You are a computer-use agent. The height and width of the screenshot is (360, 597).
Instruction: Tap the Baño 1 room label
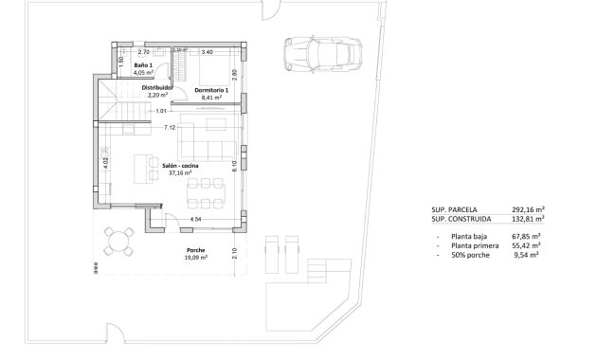click(143, 65)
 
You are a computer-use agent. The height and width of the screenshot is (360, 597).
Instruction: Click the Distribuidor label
click(156, 87)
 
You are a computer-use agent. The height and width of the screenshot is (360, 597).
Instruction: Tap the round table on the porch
click(120, 243)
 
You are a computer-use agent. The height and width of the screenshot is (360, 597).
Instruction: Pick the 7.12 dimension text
click(169, 127)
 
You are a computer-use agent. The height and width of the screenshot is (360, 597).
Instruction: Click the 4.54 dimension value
click(195, 219)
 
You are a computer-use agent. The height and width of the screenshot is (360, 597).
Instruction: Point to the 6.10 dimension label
click(233, 163)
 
